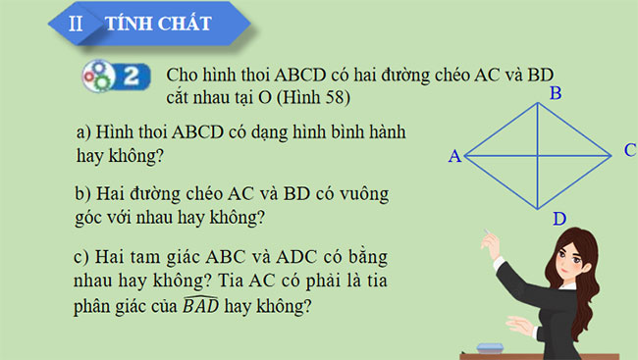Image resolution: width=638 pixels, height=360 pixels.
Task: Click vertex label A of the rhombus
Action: (453, 156)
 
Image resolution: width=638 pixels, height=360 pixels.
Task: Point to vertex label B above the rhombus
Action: (555, 94)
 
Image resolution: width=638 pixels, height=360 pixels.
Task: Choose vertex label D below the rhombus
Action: (558, 218)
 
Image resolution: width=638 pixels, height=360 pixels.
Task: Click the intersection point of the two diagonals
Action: (538, 155)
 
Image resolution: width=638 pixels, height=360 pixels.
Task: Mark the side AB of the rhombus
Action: (501, 129)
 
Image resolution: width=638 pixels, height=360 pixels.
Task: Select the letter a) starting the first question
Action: (84, 131)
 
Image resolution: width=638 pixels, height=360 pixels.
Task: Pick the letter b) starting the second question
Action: (84, 193)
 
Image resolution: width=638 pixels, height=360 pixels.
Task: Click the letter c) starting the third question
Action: (83, 257)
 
